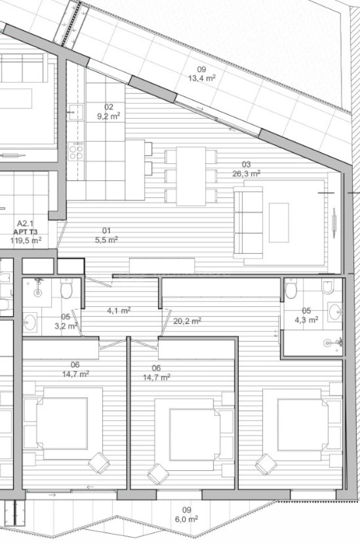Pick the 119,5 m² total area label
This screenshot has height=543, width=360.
26,240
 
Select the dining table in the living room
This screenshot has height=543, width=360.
191,176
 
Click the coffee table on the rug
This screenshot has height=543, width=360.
279,222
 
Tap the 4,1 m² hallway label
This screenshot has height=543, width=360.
119,311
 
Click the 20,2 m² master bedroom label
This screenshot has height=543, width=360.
187,321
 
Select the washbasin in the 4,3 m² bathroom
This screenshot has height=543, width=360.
334,311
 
